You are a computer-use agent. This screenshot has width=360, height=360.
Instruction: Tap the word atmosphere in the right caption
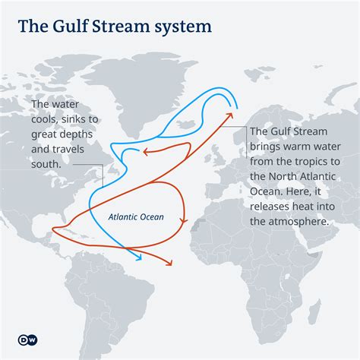pos(296,221)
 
